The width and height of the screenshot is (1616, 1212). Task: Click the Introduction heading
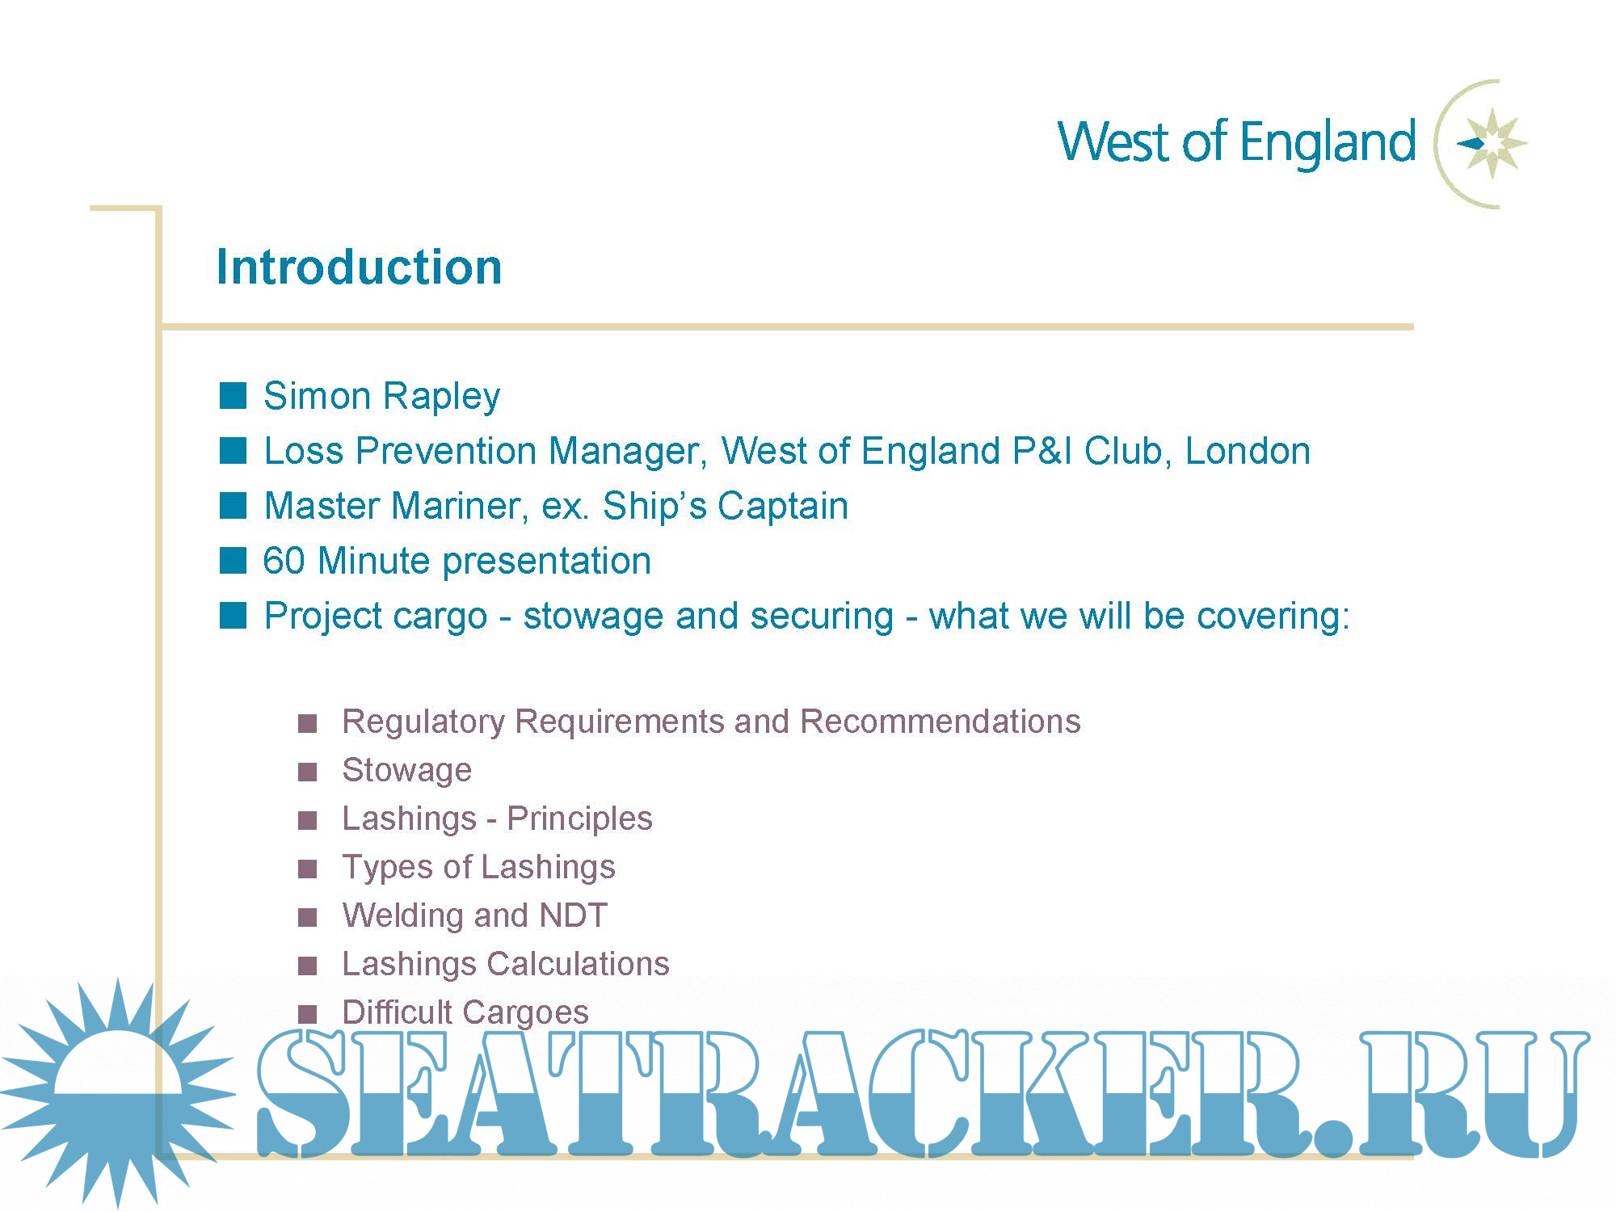click(360, 267)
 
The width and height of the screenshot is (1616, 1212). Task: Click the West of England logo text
click(1236, 143)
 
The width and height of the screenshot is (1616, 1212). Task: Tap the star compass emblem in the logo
click(1492, 144)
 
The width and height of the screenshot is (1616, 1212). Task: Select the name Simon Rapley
click(381, 397)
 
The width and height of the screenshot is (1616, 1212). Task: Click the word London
click(1248, 450)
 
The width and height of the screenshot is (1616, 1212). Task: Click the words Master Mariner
click(397, 506)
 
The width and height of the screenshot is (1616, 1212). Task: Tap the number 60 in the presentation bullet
click(284, 561)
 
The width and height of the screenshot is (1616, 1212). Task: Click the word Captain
click(783, 507)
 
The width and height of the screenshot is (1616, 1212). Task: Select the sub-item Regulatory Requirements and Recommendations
click(711, 722)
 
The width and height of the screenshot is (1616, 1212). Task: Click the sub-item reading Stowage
click(406, 771)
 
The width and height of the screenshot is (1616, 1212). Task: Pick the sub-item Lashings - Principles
click(497, 819)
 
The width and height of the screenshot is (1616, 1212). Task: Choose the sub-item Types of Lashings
click(478, 867)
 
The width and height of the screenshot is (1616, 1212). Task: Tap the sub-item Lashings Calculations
click(506, 964)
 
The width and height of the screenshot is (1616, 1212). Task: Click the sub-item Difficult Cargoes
click(465, 1012)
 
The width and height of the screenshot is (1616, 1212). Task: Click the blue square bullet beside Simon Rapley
click(233, 396)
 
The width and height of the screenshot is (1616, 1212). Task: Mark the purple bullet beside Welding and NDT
click(307, 917)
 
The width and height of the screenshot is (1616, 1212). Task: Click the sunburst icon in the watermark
click(118, 1092)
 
